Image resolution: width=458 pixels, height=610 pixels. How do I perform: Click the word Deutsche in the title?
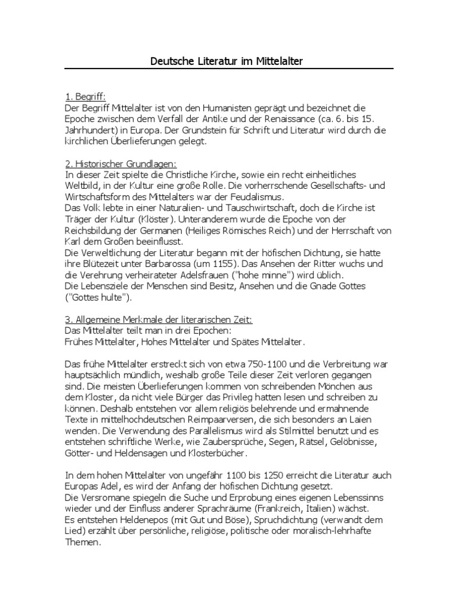168,61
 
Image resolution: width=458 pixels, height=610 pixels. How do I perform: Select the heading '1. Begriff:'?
85,97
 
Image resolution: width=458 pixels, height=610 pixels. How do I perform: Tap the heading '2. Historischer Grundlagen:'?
120,164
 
